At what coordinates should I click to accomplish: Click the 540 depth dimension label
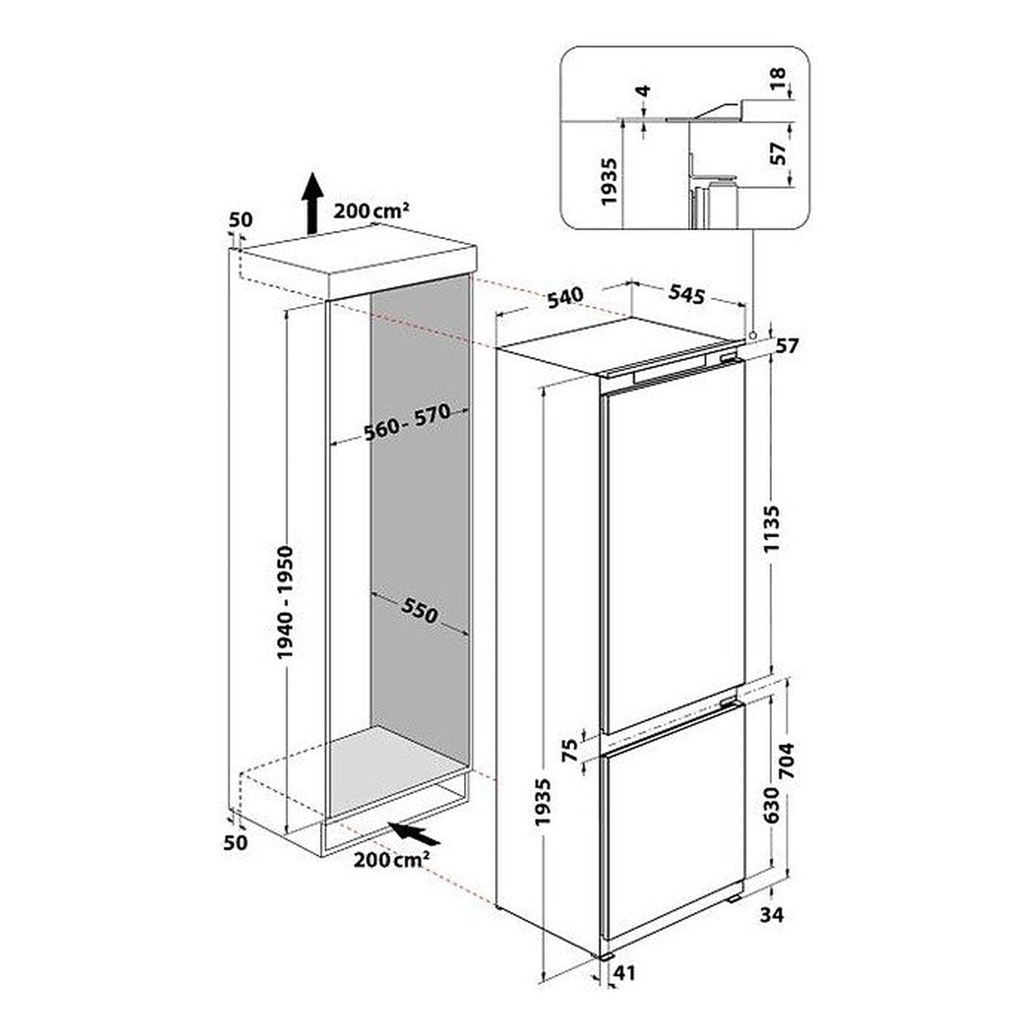point(565,296)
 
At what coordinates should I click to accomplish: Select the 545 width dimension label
point(687,295)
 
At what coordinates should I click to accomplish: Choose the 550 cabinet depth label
point(418,610)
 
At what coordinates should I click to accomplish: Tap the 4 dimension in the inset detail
point(643,91)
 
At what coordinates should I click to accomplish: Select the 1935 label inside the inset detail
point(609,182)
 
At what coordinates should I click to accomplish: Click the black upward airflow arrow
point(313,203)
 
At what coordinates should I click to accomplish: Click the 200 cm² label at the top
point(372,211)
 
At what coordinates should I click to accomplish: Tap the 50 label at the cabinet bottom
point(236,842)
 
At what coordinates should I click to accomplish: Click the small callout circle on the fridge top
point(753,335)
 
